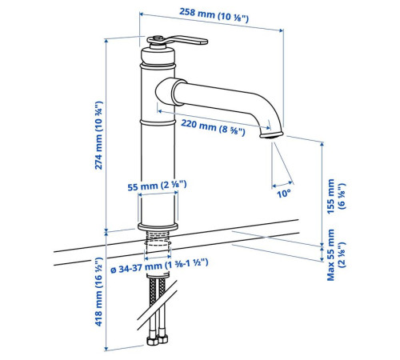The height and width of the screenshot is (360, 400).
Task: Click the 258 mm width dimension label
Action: click(214, 15)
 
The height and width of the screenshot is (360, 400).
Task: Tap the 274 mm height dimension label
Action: click(98, 135)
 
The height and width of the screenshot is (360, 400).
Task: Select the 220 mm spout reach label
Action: click(213, 127)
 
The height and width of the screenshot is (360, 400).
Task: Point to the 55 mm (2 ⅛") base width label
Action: click(157, 186)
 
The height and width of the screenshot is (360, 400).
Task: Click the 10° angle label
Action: click(283, 194)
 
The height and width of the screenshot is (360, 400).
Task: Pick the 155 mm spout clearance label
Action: click(336, 196)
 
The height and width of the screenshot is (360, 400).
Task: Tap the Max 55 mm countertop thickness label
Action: click(336, 254)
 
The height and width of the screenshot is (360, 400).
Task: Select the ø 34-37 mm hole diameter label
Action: click(159, 266)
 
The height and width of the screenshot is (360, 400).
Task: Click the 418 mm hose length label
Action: click(98, 291)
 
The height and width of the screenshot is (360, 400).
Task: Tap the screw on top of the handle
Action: click(158, 38)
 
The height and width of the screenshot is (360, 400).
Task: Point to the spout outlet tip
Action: click(270, 136)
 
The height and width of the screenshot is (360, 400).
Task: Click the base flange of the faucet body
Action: click(158, 226)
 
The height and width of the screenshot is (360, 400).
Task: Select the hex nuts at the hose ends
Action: click(158, 340)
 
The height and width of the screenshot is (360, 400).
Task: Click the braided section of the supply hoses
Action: click(158, 291)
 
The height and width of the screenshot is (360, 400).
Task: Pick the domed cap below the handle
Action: click(158, 56)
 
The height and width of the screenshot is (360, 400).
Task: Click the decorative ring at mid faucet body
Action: click(158, 122)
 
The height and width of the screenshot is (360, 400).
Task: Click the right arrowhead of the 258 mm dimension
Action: click(282, 30)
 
